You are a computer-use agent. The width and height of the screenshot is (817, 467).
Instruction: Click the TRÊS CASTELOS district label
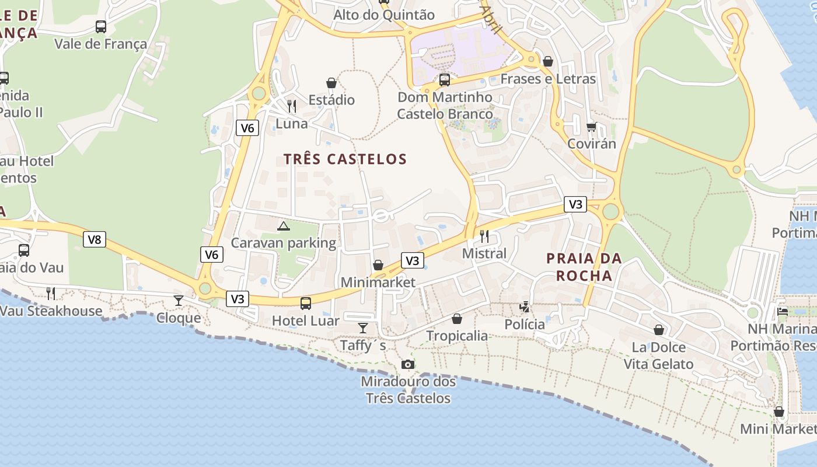[x=345, y=159]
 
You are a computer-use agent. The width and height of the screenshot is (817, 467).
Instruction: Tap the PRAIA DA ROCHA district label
[x=584, y=267]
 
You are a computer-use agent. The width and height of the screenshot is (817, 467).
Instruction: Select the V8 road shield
[x=94, y=239]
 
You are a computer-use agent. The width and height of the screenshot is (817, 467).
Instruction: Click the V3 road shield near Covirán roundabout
[x=575, y=204]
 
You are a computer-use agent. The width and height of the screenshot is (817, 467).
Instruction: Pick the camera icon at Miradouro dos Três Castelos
[x=408, y=365]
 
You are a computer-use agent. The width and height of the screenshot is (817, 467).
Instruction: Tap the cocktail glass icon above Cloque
[x=179, y=301]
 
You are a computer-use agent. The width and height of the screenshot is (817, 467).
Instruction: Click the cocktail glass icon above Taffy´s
[x=363, y=328]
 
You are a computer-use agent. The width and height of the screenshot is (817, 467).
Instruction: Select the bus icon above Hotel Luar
[x=305, y=304]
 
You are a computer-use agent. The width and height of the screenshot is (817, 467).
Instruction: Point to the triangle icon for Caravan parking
[x=284, y=226]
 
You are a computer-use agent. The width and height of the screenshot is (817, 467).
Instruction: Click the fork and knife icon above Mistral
[x=484, y=236]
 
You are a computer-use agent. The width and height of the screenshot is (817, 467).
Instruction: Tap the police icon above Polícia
[x=525, y=307]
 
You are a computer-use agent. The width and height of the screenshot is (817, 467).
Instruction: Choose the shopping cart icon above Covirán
[x=591, y=127]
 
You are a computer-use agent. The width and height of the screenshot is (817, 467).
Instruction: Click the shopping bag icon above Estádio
[x=331, y=83]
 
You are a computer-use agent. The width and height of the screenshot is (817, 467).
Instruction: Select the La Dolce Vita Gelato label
[x=658, y=356]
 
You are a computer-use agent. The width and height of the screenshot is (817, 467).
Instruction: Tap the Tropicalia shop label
[x=457, y=336]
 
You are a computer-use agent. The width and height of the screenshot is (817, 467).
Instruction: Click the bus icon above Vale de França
[x=101, y=27]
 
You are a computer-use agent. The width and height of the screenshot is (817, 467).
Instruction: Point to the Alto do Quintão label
[x=384, y=15]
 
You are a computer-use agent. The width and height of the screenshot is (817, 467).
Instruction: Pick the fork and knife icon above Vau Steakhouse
[x=51, y=293]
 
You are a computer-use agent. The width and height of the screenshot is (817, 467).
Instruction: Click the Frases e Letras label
[x=548, y=79]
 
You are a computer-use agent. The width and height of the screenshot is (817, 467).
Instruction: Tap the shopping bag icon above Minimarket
[x=378, y=266]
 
